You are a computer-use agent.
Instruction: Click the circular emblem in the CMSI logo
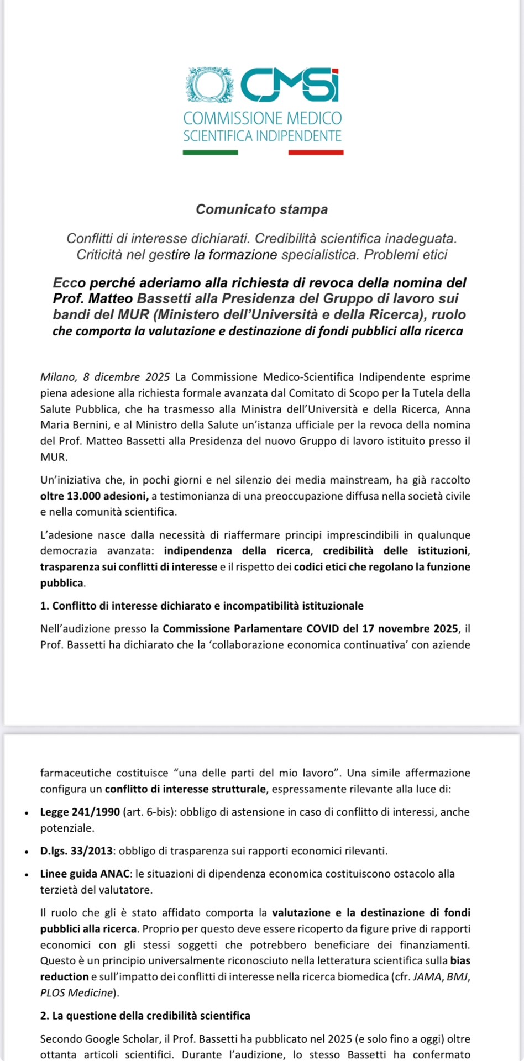coord(208,85)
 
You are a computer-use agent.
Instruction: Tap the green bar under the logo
coord(210,153)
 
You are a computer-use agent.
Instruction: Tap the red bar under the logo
coord(316,153)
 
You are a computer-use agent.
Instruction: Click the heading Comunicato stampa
coord(262,209)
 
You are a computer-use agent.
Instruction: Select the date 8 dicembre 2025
coord(127,377)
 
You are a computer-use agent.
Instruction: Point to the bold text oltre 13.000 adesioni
coord(94,496)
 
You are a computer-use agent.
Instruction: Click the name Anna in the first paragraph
coord(457,409)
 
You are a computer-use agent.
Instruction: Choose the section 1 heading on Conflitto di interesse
coord(202,606)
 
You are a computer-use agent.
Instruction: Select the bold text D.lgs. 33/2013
coord(76,851)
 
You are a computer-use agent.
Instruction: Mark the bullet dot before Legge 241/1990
coord(26,813)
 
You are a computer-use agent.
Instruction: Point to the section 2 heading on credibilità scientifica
coord(145,1016)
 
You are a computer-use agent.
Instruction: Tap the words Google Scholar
coord(122,1039)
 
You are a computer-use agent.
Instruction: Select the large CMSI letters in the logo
coord(289,85)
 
